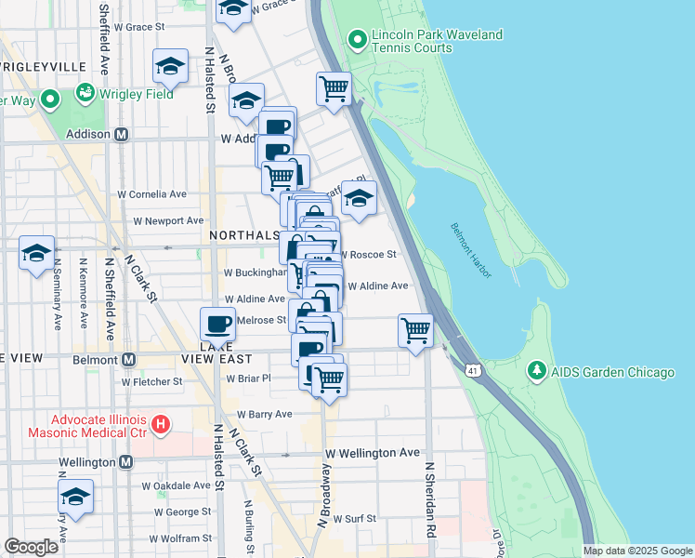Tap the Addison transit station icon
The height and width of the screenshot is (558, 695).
pyautogui.click(x=120, y=134)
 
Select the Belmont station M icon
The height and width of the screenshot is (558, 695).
pyautogui.click(x=128, y=359)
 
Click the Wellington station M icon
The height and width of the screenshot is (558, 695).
pyautogui.click(x=125, y=462)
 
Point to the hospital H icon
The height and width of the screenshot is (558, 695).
pyautogui.click(x=161, y=425)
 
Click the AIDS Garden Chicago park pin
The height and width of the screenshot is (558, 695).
pyautogui.click(x=536, y=372)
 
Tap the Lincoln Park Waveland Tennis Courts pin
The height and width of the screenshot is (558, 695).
pyautogui.click(x=357, y=41)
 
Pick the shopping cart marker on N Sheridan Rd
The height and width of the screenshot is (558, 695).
pyautogui.click(x=415, y=330)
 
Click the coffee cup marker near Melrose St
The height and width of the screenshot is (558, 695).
pyautogui.click(x=217, y=324)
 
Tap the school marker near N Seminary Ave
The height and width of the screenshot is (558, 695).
pyautogui.click(x=37, y=253)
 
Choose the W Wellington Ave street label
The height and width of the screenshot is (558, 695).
pyautogui.click(x=372, y=452)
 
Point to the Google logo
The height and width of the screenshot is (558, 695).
pyautogui.click(x=31, y=547)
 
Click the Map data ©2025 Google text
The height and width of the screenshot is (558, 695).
pyautogui.click(x=636, y=551)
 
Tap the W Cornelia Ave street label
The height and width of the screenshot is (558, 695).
pyautogui.click(x=151, y=194)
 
